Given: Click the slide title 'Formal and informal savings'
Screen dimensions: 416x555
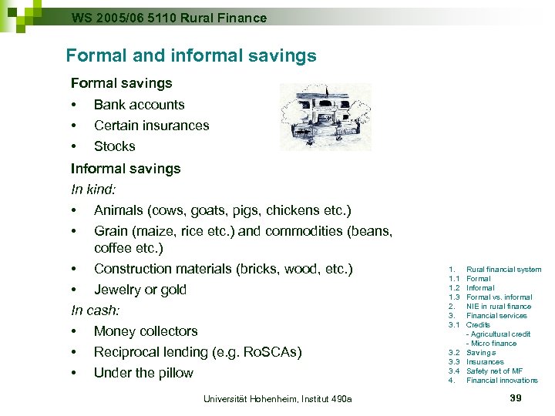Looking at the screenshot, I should tap(191, 55).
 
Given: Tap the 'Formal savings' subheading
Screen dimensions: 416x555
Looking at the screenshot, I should tap(122, 82).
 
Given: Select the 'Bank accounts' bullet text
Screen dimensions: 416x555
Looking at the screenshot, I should tap(140, 104).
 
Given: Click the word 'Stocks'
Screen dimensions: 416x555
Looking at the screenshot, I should tap(115, 146).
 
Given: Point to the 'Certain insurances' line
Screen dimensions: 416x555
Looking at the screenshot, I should tap(152, 125).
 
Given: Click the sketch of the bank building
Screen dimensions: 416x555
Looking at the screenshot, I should tap(325, 116).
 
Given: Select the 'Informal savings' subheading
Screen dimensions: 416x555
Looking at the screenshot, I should tap(126, 168).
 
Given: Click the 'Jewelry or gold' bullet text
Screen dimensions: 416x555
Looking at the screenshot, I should tap(140, 290).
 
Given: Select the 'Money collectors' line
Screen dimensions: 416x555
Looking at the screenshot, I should tap(146, 331).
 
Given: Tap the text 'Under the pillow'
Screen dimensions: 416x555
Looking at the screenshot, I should tap(144, 373).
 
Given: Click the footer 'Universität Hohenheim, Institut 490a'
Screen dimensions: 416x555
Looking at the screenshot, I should tap(277, 398).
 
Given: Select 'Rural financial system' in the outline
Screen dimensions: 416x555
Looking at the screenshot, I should tap(504, 270).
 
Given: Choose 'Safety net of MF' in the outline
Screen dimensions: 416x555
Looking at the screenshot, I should tap(495, 371).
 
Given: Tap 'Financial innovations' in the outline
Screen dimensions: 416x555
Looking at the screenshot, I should tap(503, 381).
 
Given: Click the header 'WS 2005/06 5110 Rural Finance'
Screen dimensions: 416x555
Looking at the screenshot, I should tap(169, 17).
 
